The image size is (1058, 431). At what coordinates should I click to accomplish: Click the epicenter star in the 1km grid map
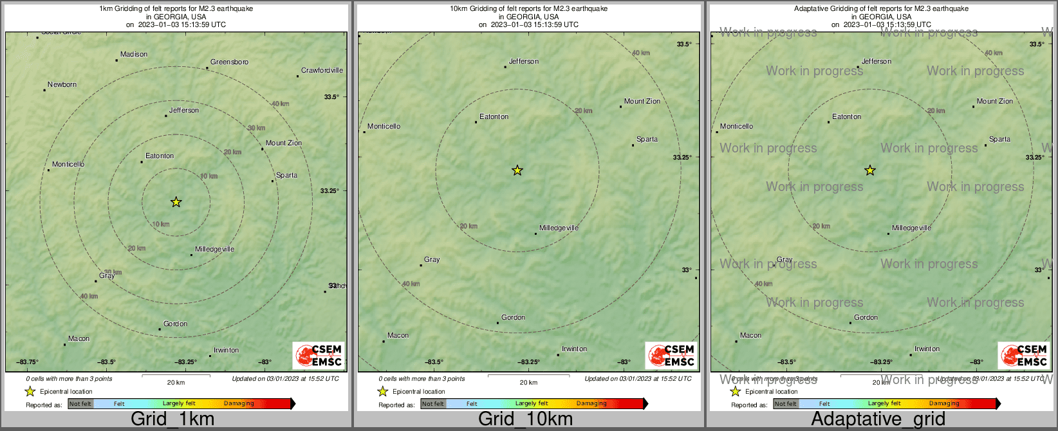(x=176, y=202)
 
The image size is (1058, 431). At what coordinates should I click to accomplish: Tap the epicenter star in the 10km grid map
(x=517, y=170)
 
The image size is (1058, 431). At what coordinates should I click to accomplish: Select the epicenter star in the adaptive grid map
(x=870, y=170)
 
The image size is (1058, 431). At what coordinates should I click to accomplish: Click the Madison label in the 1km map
(x=134, y=55)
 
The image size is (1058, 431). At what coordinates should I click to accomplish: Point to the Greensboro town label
(x=229, y=62)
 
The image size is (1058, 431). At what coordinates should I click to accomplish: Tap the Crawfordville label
(x=322, y=71)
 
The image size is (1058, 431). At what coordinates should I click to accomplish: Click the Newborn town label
(x=62, y=85)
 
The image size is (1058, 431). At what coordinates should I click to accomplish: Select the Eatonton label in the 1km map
(x=160, y=156)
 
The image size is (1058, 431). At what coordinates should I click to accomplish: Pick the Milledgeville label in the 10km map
(x=559, y=228)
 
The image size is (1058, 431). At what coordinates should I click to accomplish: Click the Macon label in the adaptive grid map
(x=750, y=336)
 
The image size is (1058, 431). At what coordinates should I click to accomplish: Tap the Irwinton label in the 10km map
(x=574, y=349)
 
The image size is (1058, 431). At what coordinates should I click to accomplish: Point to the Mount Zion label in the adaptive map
(x=994, y=102)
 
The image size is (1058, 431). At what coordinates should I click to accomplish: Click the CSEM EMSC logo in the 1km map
(x=319, y=356)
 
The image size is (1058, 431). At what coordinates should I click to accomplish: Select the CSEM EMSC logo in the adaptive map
(x=1024, y=356)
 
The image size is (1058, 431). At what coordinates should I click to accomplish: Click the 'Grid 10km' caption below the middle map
(x=525, y=419)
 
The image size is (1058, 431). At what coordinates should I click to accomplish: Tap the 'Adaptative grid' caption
(x=878, y=419)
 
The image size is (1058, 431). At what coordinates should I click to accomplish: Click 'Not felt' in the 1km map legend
(x=80, y=404)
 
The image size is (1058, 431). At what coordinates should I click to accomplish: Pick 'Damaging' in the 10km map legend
(x=591, y=404)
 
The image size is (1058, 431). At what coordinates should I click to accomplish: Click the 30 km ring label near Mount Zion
(x=256, y=128)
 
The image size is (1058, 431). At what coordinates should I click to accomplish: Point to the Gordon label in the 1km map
(x=175, y=324)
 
